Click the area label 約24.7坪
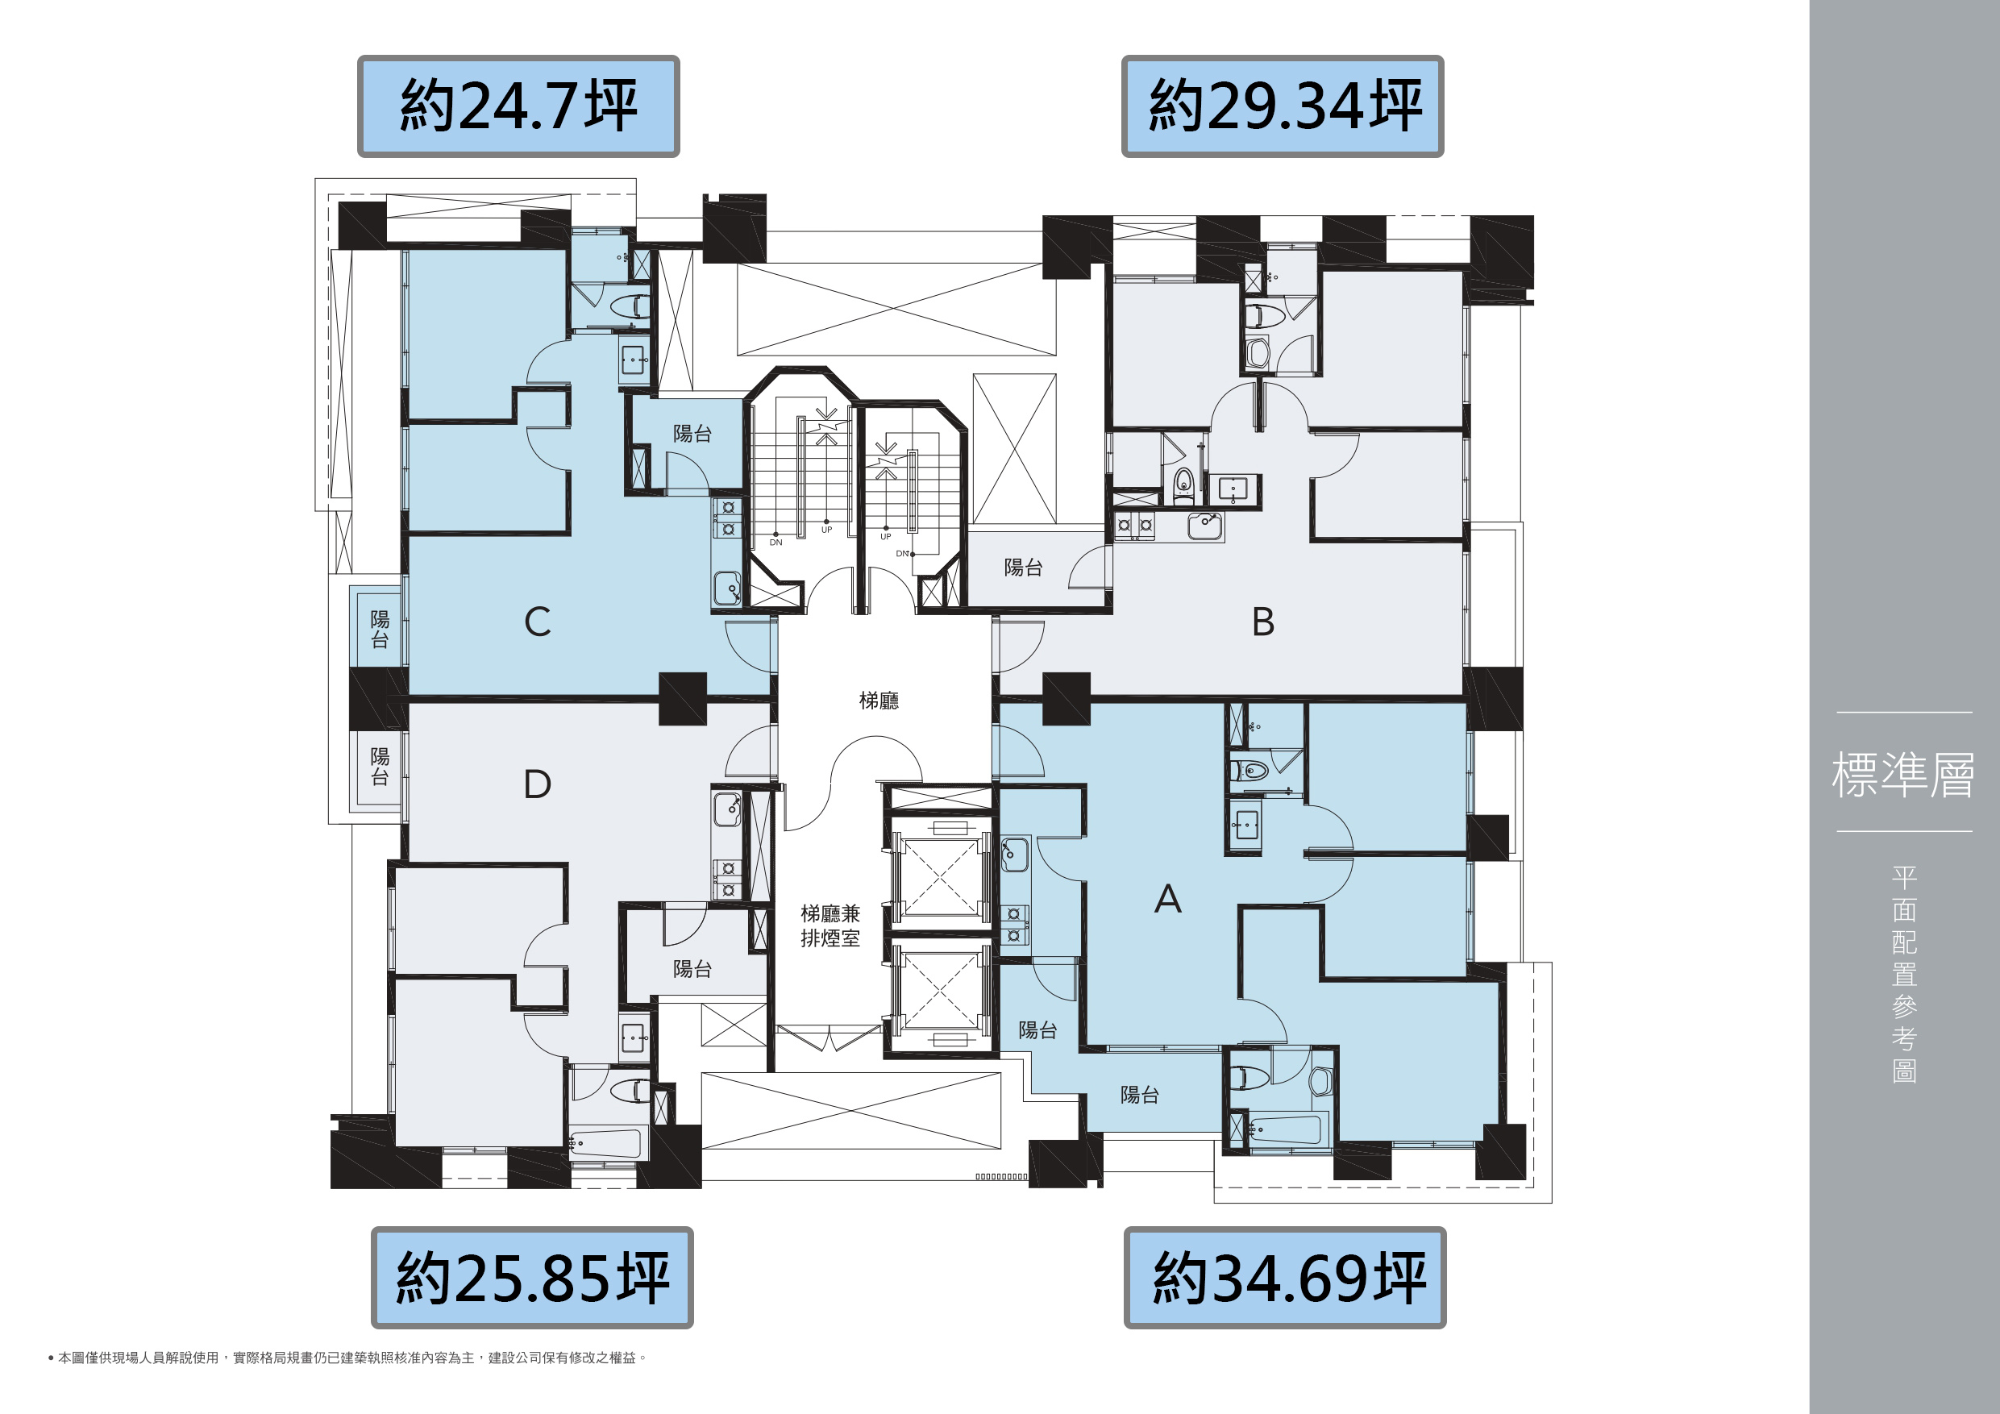[518, 106]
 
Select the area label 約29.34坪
[1285, 106]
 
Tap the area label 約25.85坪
[532, 1277]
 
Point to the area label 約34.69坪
[1288, 1277]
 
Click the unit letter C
[538, 622]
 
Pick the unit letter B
[1263, 622]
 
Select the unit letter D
[538, 784]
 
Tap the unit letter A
[1168, 898]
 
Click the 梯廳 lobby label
[879, 701]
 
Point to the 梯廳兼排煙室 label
[830, 926]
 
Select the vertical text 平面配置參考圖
[1904, 974]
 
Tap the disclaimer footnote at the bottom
[347, 1358]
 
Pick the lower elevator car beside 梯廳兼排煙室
[940, 989]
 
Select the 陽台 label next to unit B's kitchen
[1024, 568]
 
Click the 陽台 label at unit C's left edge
[380, 629]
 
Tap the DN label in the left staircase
[776, 542]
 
